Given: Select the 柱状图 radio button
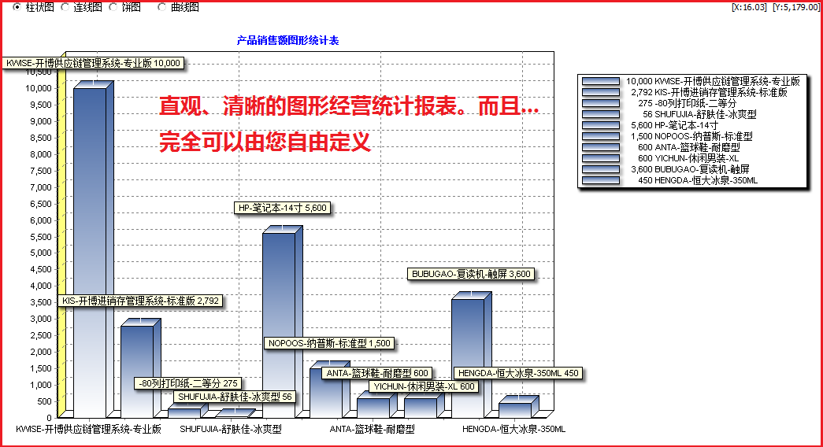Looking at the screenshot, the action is (17, 7).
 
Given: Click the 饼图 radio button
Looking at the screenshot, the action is (113, 7).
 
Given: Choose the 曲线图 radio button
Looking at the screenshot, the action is (161, 7).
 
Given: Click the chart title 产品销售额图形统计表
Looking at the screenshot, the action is (287, 40).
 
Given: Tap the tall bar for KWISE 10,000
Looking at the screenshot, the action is (90, 252).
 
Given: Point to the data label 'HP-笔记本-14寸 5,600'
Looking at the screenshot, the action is (283, 208).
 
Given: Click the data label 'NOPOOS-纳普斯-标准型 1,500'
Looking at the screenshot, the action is (330, 343).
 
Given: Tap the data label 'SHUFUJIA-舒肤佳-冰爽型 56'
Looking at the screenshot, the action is (235, 397).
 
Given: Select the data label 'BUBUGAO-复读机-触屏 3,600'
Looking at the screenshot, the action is (471, 274).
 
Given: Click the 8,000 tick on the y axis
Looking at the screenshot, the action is (40, 154).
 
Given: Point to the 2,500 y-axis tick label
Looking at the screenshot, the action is (40, 335).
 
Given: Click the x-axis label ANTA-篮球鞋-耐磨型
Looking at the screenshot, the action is (373, 429).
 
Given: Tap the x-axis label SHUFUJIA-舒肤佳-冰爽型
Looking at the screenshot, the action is (231, 429).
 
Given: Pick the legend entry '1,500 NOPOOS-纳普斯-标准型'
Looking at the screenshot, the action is (691, 136).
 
